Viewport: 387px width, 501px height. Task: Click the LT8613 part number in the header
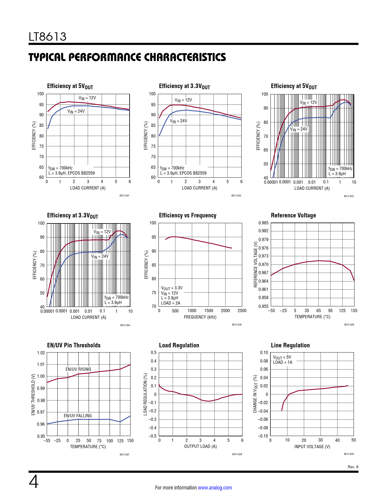pyautogui.click(x=47, y=37)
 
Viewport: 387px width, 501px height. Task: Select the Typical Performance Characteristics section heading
pyautogui.click(x=127, y=57)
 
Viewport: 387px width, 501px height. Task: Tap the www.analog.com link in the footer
pyautogui.click(x=215, y=488)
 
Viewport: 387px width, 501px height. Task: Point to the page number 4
pyautogui.click(x=34, y=482)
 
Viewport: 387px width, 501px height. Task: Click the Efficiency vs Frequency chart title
pyautogui.click(x=188, y=215)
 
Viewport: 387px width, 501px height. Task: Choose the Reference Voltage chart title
pyautogui.click(x=293, y=215)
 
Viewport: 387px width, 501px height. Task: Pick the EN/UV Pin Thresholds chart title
pyautogui.click(x=74, y=345)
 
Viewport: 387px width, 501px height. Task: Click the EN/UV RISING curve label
pyautogui.click(x=78, y=369)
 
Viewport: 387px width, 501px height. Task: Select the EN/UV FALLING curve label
pyautogui.click(x=78, y=416)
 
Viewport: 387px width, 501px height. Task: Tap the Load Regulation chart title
pyautogui.click(x=179, y=345)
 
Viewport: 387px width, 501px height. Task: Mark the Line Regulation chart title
pyautogui.click(x=290, y=345)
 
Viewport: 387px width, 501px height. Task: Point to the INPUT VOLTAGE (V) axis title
pyautogui.click(x=312, y=447)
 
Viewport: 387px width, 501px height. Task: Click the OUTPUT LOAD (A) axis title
pyautogui.click(x=200, y=446)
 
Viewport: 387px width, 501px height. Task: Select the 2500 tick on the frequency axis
pyautogui.click(x=242, y=311)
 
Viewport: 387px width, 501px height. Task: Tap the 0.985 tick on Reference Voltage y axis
pyautogui.click(x=263, y=223)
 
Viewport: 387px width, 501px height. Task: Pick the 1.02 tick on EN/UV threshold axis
pyautogui.click(x=41, y=353)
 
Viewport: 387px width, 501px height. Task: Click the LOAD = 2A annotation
pyautogui.click(x=171, y=303)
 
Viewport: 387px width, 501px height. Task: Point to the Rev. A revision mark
pyautogui.click(x=353, y=467)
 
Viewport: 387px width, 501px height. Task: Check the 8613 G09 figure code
pyautogui.click(x=349, y=454)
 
